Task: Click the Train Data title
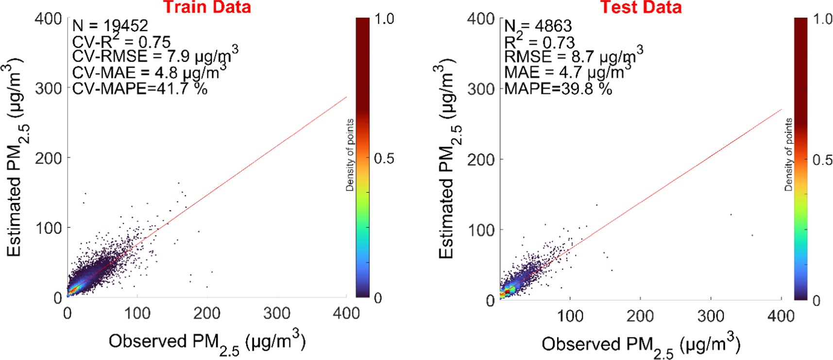coord(206,7)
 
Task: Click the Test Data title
coord(641,7)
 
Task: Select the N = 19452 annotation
coord(110,25)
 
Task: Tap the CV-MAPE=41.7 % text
coord(139,88)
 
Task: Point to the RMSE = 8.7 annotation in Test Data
coord(573,56)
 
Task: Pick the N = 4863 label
coord(538,26)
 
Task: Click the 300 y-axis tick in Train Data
coord(49,88)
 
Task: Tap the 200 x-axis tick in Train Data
coord(207,313)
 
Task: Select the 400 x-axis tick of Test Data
coord(781,316)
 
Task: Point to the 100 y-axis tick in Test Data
coord(481,230)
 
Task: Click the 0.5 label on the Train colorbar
coord(384,158)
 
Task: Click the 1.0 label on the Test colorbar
coord(822,19)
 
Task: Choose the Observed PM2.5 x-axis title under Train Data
coord(207,343)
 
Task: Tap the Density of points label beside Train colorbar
coord(350,155)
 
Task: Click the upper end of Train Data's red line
coord(346,97)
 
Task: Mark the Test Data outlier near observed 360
coord(752,236)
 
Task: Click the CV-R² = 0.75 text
coord(121,41)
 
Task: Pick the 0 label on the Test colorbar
coord(816,301)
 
